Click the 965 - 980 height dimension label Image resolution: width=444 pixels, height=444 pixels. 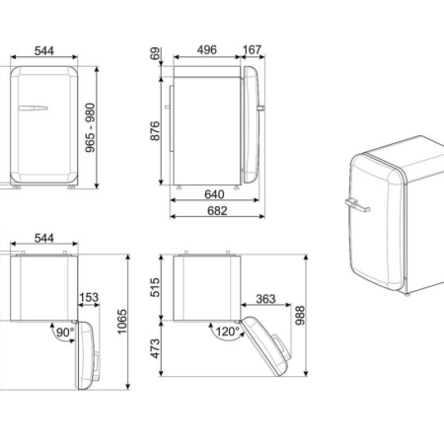click(x=90, y=127)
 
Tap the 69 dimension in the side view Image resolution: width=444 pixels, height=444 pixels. click(x=155, y=53)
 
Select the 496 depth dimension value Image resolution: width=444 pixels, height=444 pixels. click(x=207, y=50)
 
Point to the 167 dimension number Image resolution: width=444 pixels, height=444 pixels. click(x=252, y=50)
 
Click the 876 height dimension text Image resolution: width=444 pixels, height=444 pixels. click(x=155, y=131)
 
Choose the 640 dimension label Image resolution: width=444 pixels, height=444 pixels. click(x=214, y=194)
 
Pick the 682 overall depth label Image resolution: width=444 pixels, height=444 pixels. click(x=217, y=211)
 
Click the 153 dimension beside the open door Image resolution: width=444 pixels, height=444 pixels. click(x=89, y=297)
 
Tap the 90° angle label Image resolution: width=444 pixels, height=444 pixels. click(x=65, y=333)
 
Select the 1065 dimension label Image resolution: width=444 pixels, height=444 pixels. click(x=122, y=322)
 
